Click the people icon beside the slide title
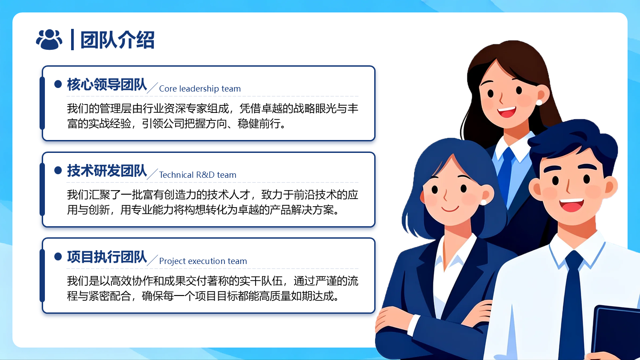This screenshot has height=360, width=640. pos(49,40)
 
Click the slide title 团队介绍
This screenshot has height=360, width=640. pos(117,40)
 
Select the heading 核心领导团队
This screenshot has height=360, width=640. pos(107,84)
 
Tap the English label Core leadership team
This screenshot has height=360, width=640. pos(200,89)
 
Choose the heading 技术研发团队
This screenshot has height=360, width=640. pos(107,171)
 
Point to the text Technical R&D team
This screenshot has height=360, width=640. pos(197,175)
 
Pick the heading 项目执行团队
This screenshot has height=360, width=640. pos(107,257)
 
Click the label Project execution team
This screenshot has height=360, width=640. pos(203,261)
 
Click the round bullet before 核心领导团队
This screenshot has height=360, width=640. pos(58,84)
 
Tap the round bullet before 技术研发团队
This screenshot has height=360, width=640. pos(58,170)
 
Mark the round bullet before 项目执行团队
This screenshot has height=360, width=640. pos(58,256)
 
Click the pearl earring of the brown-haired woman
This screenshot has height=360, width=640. pos(539,102)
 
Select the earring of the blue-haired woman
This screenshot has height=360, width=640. pos(483,202)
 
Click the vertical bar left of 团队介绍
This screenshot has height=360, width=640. pos(72,40)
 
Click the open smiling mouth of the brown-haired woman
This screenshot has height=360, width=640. pos(507,111)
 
